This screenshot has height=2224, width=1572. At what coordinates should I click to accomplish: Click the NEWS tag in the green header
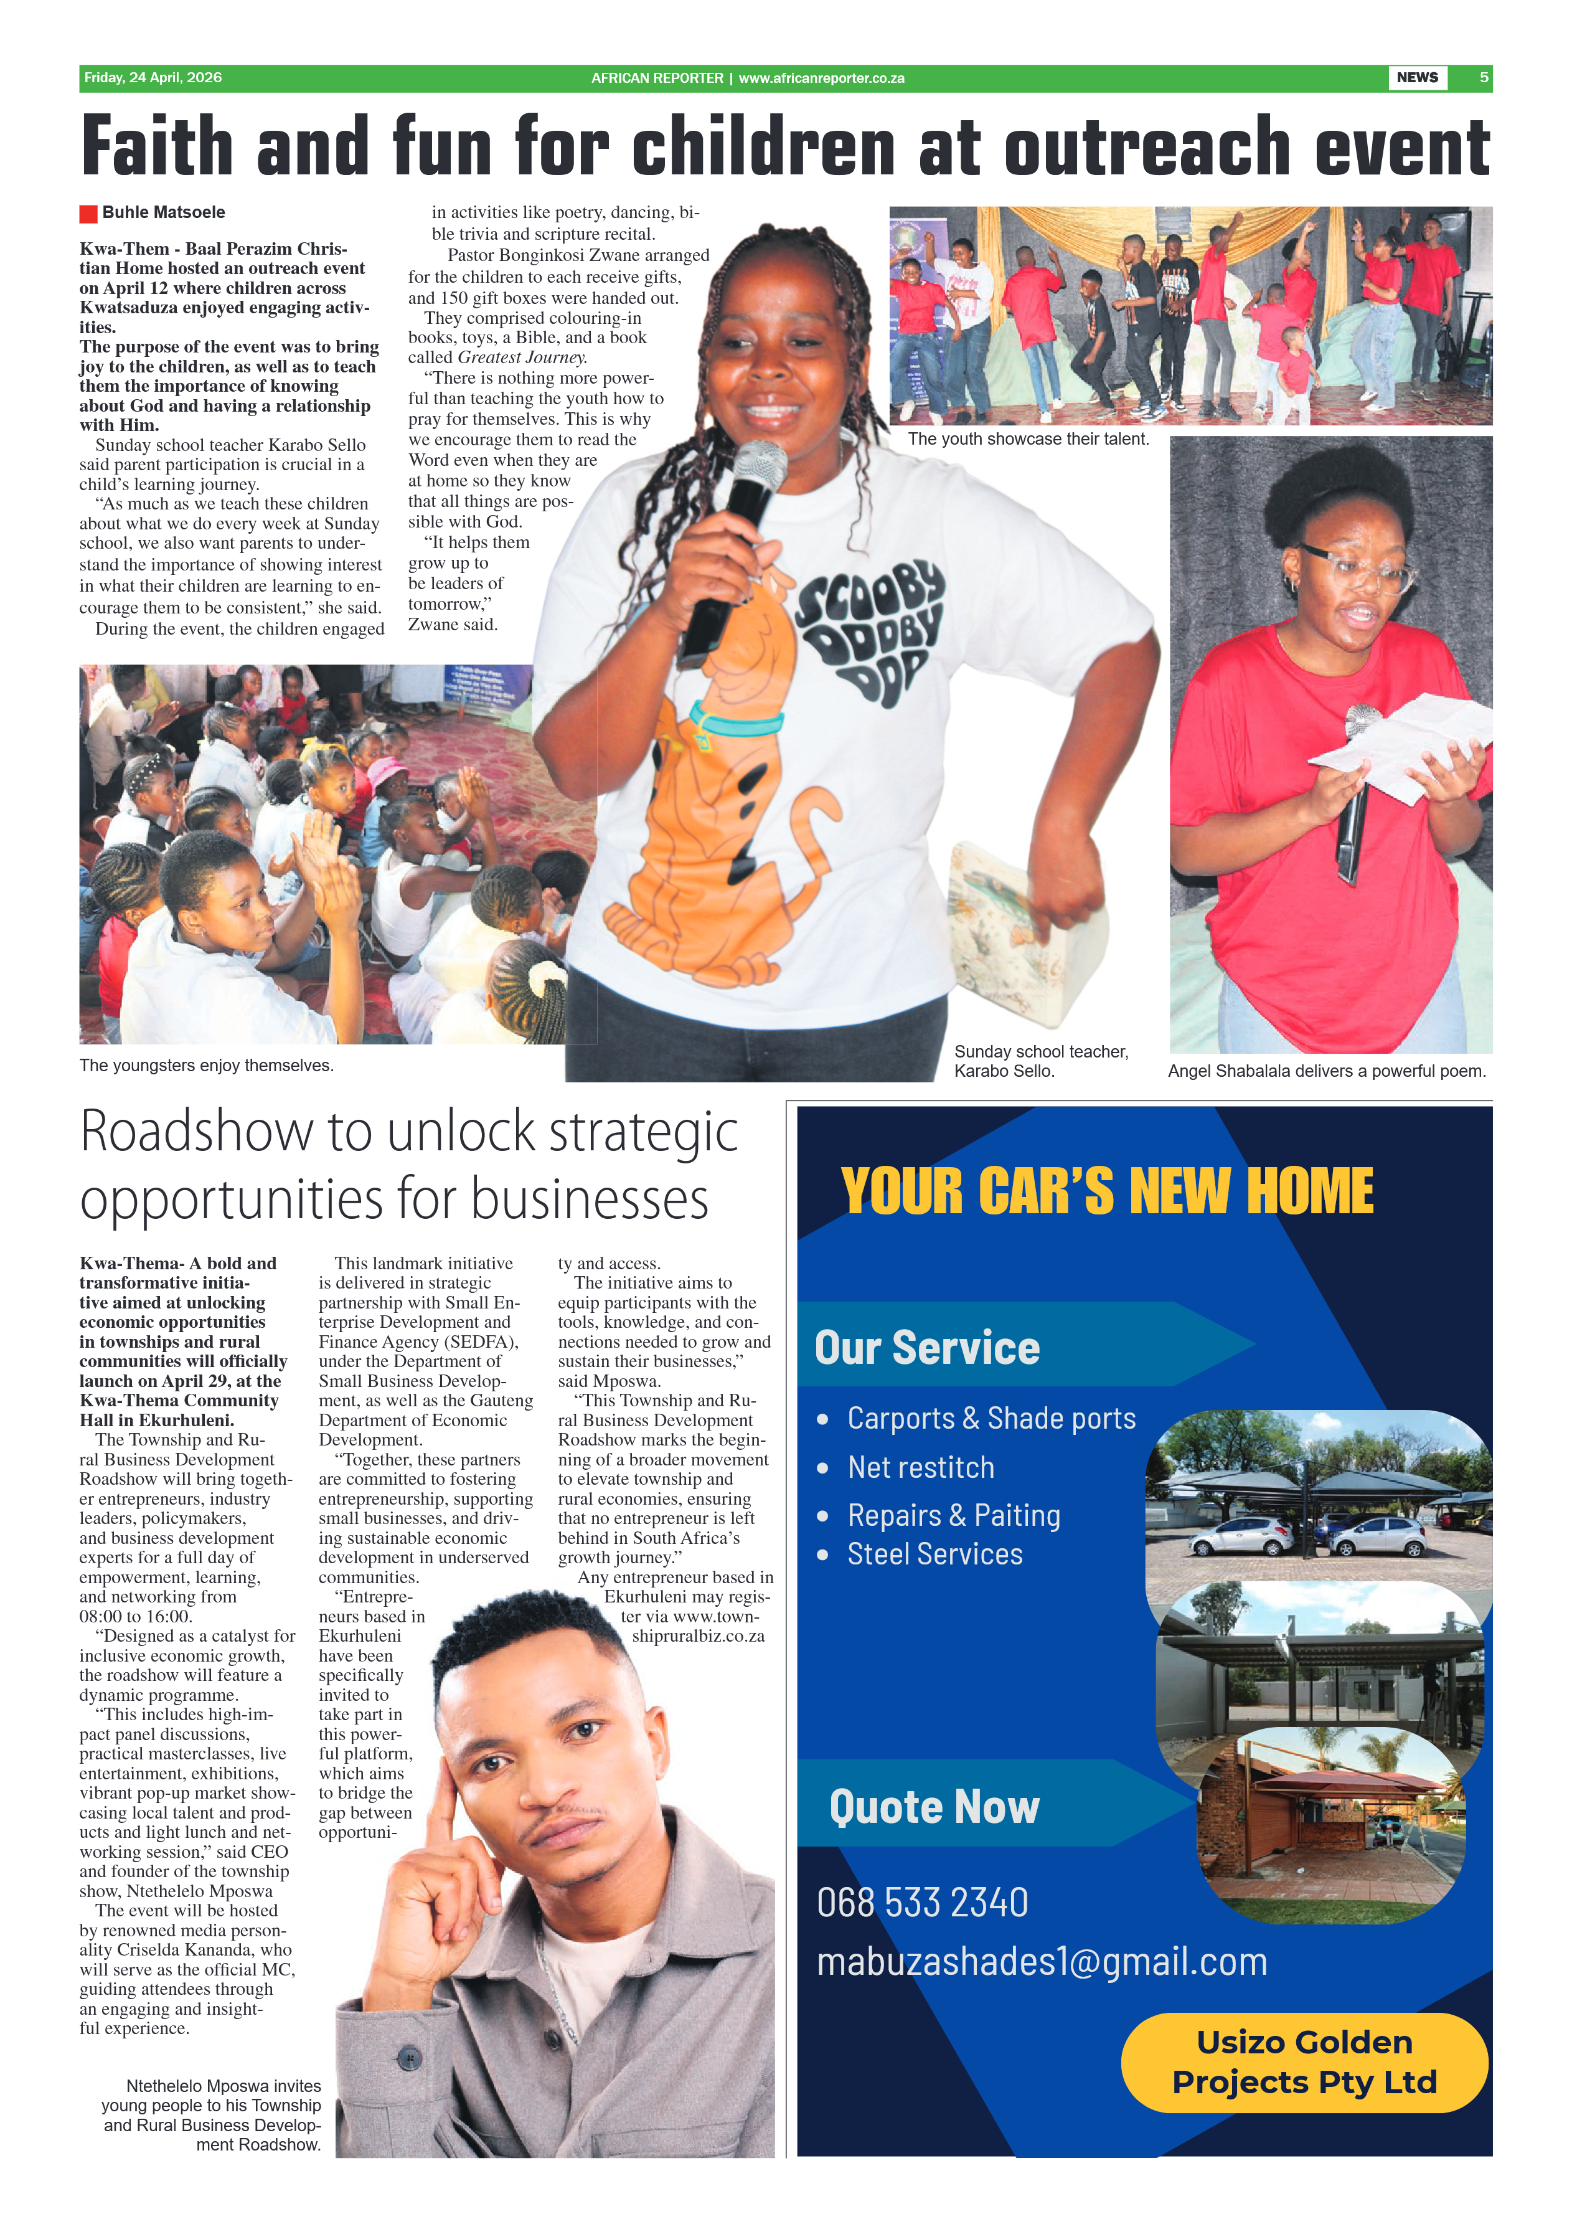click(1416, 78)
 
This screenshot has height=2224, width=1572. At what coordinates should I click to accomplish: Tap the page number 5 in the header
click(1484, 78)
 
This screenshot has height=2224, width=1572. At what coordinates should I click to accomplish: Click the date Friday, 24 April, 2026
click(153, 78)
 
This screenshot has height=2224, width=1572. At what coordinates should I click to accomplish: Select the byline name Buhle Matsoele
click(163, 212)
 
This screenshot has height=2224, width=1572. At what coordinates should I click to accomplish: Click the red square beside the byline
click(88, 213)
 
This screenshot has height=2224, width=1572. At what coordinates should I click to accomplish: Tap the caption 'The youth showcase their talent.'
click(1028, 439)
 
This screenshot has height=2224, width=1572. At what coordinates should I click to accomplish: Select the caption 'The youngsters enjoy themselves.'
click(206, 1066)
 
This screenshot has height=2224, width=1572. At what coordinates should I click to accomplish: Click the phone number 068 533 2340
click(922, 1902)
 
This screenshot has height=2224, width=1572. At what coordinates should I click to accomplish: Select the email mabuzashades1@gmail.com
click(1041, 1962)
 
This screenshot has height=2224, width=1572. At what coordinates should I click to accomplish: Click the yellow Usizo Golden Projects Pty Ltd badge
click(1304, 2062)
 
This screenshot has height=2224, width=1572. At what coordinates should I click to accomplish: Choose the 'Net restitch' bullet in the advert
click(920, 1468)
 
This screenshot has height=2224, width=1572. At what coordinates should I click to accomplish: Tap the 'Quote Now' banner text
click(934, 1808)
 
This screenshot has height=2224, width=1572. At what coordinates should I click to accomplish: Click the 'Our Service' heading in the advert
click(927, 1348)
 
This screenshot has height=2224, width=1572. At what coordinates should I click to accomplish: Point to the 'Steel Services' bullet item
click(934, 1555)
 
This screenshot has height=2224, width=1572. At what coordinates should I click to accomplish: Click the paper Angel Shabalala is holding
click(1400, 745)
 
